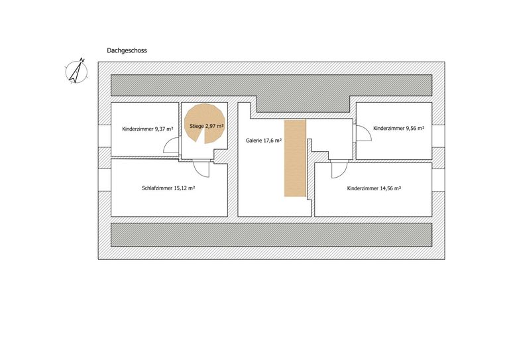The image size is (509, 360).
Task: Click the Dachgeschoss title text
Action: [x=127, y=50]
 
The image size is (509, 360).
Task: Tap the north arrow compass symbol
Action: [x=77, y=71]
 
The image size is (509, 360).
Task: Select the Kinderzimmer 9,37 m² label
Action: [x=148, y=129]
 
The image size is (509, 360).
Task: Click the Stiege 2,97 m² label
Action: [x=207, y=126]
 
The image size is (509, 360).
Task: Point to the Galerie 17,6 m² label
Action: [x=264, y=141]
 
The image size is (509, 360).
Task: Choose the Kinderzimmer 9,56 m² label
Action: [x=398, y=128]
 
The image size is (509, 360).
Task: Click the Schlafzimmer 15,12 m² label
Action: [x=168, y=188]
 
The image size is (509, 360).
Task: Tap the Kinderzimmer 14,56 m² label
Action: [x=374, y=188]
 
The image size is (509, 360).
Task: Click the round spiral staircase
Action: [x=205, y=124]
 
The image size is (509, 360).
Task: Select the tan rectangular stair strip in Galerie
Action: [x=295, y=158]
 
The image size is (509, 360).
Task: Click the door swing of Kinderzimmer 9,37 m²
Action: [x=171, y=145]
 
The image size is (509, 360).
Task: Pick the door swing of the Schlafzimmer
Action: [x=201, y=168]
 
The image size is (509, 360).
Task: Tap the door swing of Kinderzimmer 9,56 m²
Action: [x=364, y=133]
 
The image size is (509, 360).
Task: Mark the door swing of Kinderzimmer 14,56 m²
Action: [x=339, y=169]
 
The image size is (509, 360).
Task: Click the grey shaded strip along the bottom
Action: [x=271, y=235]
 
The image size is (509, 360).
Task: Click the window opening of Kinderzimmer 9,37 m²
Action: [x=105, y=136]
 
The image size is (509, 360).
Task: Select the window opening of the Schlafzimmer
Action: [x=105, y=180]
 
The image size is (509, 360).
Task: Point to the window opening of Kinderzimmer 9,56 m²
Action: [x=439, y=136]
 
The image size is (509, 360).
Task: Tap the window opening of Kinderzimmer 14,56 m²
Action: [x=439, y=180]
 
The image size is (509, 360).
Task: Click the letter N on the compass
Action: [x=82, y=60]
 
